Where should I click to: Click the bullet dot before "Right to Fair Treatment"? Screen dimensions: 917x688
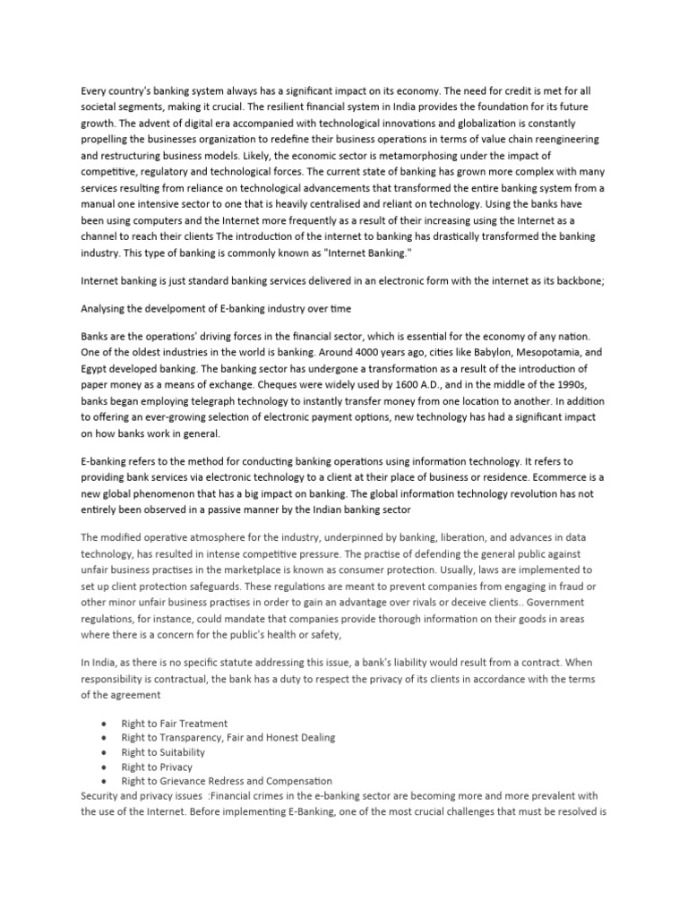[x=107, y=723]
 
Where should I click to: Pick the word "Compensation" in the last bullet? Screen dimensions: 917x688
[x=295, y=781]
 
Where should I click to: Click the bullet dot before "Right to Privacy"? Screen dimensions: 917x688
[x=107, y=767]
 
